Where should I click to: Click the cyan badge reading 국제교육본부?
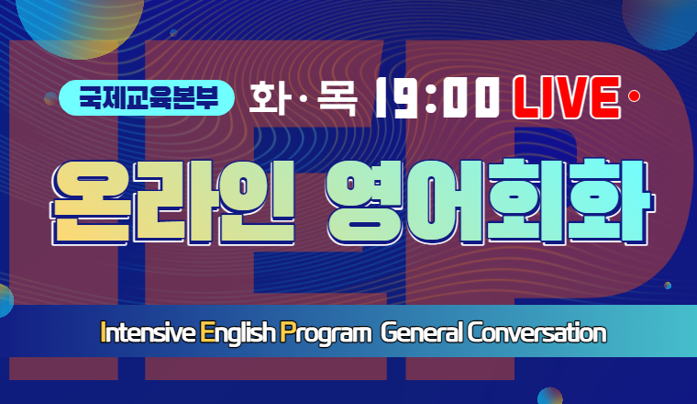[x=146, y=97]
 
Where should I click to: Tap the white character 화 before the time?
[x=268, y=97]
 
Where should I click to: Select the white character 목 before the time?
[x=337, y=98]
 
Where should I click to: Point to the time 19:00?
[x=437, y=97]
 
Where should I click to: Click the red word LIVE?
[x=567, y=97]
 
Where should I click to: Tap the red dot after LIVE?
[x=634, y=95]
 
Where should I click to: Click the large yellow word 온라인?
[x=173, y=202]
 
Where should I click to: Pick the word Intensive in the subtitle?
[x=148, y=332]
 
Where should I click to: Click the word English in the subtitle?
[x=238, y=333]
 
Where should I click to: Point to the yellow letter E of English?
[x=206, y=332]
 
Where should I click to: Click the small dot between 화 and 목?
[x=304, y=97]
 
